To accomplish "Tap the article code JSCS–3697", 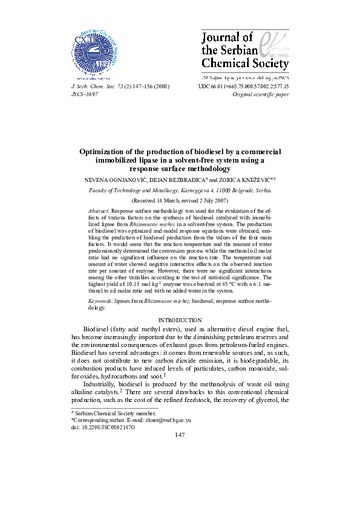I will pyautogui.click(x=85, y=95).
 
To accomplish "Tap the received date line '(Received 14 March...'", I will pyautogui.click(x=180, y=199).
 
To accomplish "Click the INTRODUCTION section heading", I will pyautogui.click(x=180, y=319).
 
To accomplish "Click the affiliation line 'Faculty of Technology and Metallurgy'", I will pyautogui.click(x=180, y=190).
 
